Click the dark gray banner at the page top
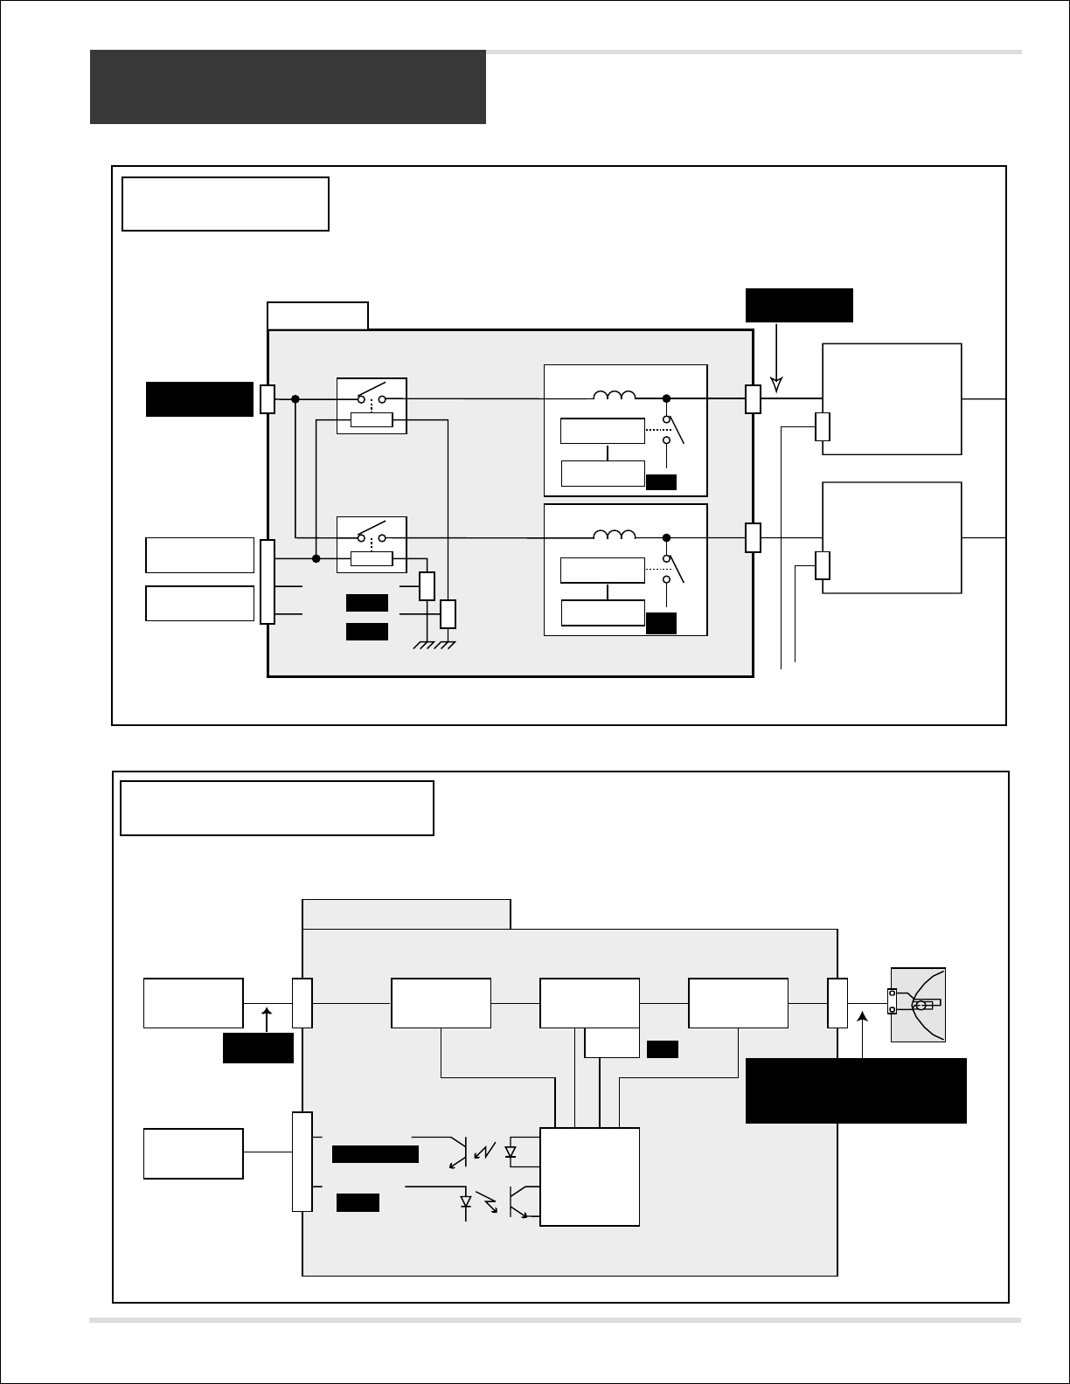[x=288, y=86]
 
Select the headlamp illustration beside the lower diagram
[x=918, y=1004]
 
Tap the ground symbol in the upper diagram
[x=434, y=645]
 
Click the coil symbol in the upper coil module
[x=615, y=396]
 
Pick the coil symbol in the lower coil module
[x=615, y=534]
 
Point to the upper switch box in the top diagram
[x=372, y=405]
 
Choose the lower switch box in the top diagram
[x=372, y=544]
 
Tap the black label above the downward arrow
[x=799, y=305]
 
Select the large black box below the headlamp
[x=856, y=1090]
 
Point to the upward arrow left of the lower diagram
[x=267, y=1019]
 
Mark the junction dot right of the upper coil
[x=666, y=398]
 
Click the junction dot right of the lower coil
[x=666, y=537]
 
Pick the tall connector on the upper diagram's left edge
[x=267, y=582]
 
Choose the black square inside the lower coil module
[x=662, y=623]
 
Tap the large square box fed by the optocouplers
[x=589, y=1176]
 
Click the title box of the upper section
[x=226, y=204]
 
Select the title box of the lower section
[x=277, y=808]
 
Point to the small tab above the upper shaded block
[x=317, y=315]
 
